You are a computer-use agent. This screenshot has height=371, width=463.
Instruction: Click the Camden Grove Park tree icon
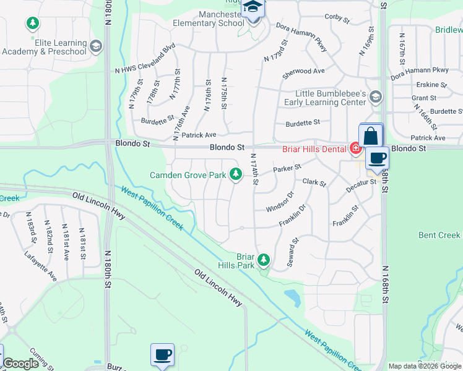pos(235,175)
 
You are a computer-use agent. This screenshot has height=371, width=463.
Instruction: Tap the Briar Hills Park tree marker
pos(264,260)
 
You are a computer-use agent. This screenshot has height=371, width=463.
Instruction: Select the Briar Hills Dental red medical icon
pos(355,148)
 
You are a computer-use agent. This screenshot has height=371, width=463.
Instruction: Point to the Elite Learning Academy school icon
pos(96,46)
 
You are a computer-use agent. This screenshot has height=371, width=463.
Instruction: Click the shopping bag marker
pos(370,135)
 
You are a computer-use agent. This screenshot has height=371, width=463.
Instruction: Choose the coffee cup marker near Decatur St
pos(376,158)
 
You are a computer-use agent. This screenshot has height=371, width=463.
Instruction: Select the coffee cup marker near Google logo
pos(162,355)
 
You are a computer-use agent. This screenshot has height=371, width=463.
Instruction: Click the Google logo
pos(21,364)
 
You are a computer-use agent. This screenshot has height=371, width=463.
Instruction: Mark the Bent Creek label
pos(439,235)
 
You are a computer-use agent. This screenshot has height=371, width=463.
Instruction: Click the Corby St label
pos(337,18)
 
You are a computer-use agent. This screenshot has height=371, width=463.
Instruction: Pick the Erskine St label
pos(433,85)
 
